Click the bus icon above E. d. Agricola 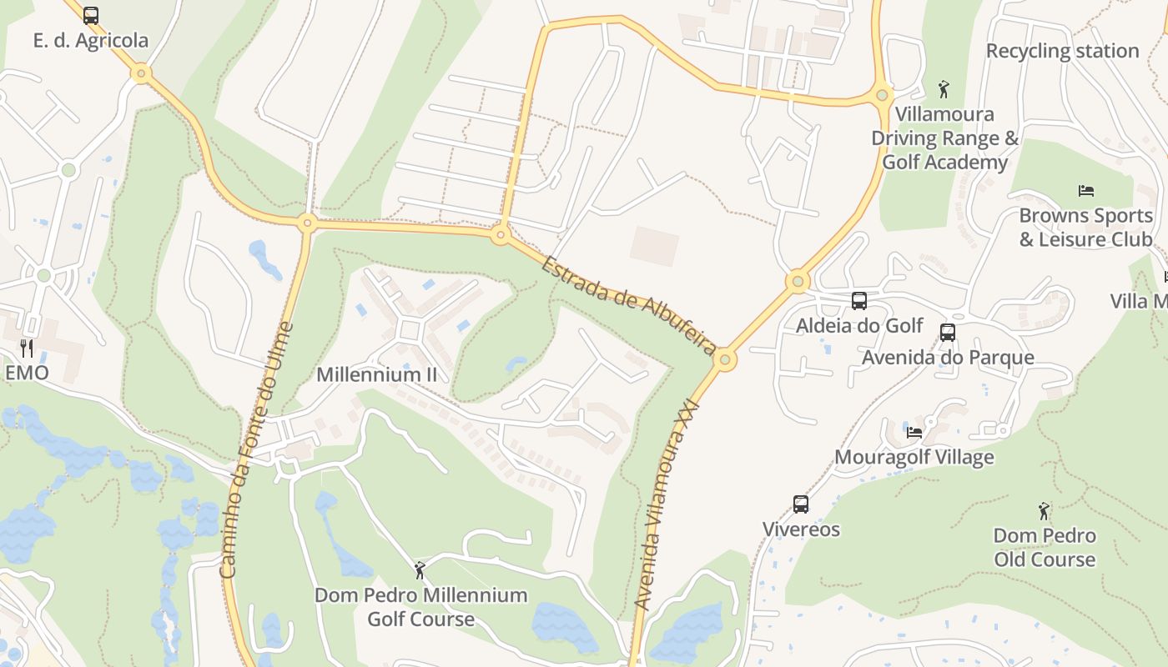pos(91,16)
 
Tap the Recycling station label pos(1062,51)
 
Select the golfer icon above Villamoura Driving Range pos(944,89)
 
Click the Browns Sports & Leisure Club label pos(1085,227)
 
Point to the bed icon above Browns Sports pos(1085,191)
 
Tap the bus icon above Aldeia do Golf pos(858,301)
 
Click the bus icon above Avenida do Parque pos(947,333)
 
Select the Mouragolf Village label pos(914,457)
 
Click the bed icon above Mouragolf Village pos(914,432)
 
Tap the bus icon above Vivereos pos(800,504)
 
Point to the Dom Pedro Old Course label pos(1044,547)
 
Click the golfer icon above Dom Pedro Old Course pos(1044,510)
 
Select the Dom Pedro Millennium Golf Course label pos(420,607)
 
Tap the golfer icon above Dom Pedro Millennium pos(420,570)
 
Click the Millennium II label pos(376,374)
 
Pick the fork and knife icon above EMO pos(27,348)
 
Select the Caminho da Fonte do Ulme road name pos(255,450)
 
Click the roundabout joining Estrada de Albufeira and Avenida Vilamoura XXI pos(724,360)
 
